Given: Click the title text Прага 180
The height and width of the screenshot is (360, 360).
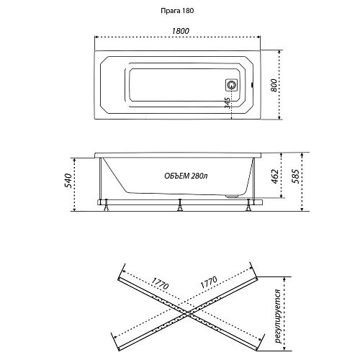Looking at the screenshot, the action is [x=177, y=11].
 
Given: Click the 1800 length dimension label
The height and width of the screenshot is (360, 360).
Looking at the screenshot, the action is [x=180, y=31].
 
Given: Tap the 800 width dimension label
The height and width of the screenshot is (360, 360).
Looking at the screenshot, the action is [x=274, y=85].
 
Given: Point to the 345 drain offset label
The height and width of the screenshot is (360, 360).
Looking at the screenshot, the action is [x=228, y=103].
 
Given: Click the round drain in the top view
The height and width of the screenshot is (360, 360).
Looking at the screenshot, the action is [x=231, y=85].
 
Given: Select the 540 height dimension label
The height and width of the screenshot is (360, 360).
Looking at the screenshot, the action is [x=68, y=181].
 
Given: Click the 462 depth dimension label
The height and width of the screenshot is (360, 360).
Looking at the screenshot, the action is [x=275, y=176].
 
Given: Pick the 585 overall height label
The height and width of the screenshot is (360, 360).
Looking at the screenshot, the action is [x=296, y=176].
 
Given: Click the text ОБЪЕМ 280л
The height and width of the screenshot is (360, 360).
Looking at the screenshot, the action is [x=186, y=176].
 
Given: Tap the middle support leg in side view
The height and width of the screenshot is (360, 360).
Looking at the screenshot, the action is [x=179, y=205].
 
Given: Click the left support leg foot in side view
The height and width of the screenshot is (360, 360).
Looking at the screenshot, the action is [x=106, y=209].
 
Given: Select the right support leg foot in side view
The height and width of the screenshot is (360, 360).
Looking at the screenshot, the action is [x=248, y=209].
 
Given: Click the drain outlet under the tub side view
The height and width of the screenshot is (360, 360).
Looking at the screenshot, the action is [x=232, y=197].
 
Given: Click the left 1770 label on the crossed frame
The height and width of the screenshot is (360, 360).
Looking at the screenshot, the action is [x=161, y=282].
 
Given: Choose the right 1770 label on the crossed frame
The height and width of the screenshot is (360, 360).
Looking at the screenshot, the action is [x=209, y=282].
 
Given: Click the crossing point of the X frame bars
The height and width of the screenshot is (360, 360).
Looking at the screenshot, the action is [x=187, y=313].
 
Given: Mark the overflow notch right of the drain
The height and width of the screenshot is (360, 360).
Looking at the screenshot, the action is [x=252, y=85].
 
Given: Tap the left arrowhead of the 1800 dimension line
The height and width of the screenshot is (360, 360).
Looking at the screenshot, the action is [x=96, y=37].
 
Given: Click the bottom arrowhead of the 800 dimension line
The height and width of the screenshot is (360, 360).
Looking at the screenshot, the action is [x=279, y=117].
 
